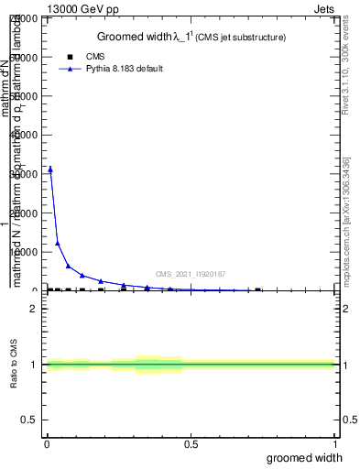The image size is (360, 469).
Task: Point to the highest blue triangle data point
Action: tap(50, 169)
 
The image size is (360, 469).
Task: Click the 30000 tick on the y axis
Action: tap(27, 174)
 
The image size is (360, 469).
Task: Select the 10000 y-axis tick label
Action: tap(27, 252)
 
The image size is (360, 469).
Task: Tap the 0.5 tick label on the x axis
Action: tap(191, 444)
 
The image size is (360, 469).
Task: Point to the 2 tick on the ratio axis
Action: tap(33, 309)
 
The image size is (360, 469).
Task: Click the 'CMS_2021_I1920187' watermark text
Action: tap(190, 274)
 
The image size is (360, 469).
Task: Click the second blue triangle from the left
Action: tap(58, 243)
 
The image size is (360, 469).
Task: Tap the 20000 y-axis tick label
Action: tap(27, 213)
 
